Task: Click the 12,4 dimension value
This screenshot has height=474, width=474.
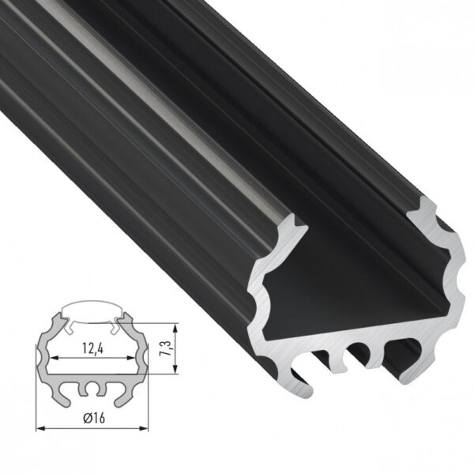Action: click(x=92, y=345)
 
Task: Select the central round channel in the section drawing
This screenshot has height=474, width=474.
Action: click(x=93, y=389)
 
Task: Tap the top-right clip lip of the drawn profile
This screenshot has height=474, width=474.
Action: click(x=122, y=322)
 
